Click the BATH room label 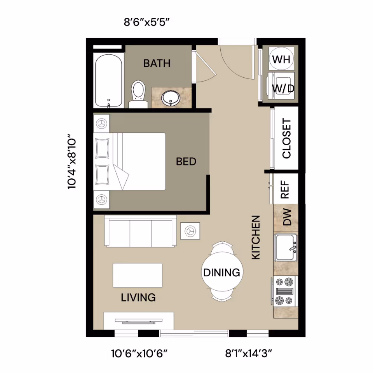coord(157,63)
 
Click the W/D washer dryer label coord(283,88)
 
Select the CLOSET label coord(286,139)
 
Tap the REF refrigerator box coord(286,188)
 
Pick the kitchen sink coord(286,248)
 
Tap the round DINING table coord(222,272)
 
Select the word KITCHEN coord(256,238)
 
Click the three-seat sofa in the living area coord(140,232)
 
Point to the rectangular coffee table coord(138,275)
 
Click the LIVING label coord(138,298)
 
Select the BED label coord(186,162)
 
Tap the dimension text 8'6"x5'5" coord(147,22)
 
